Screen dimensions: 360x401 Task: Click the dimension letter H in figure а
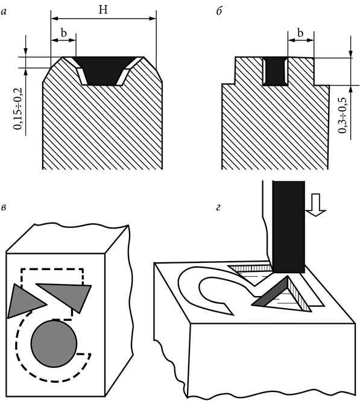103,10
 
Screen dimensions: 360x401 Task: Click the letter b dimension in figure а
64,33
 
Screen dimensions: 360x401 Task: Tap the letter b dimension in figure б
300,33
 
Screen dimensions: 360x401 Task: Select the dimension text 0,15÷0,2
19,109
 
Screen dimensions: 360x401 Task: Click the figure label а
4,12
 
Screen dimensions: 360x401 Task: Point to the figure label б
219,11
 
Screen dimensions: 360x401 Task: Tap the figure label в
4,207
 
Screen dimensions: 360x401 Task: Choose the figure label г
218,207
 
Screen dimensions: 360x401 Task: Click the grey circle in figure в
54,344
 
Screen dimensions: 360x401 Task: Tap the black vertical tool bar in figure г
289,227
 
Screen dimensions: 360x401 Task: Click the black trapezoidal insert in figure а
102,69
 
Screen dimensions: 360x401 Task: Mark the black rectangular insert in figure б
275,71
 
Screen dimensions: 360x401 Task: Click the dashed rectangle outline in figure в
52,269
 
